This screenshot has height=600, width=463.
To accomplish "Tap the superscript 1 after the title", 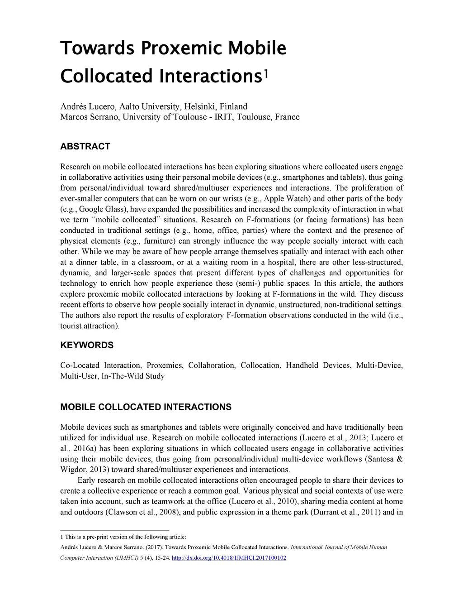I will point(266,72).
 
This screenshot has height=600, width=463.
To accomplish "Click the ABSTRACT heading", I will point(85,146).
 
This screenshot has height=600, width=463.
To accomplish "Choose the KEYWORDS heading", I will point(87,345).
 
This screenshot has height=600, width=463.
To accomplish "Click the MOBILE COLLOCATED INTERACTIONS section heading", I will point(146,407).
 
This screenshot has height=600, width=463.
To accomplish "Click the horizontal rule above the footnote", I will point(114,530).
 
